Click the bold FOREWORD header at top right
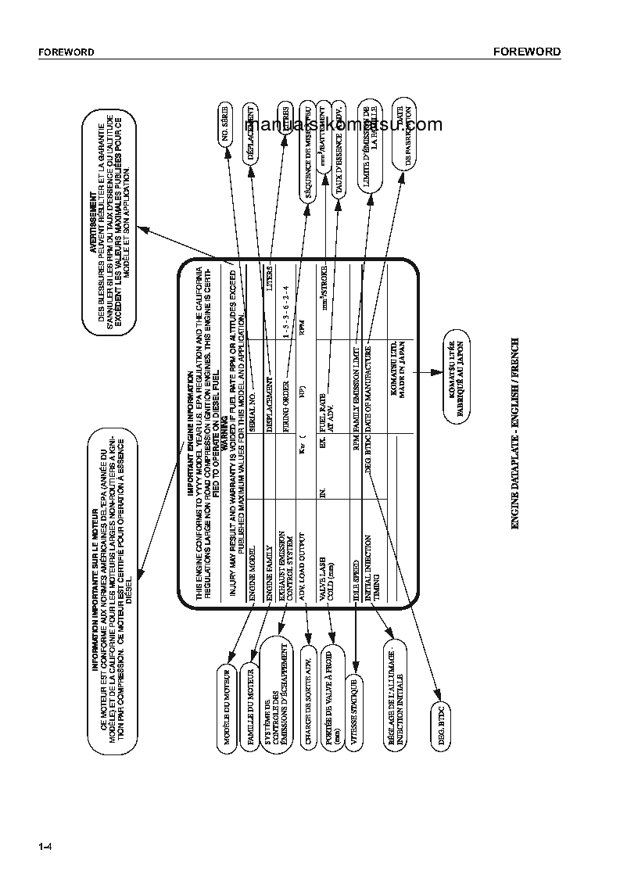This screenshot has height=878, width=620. (527, 52)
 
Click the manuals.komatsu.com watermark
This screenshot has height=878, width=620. (344, 124)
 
